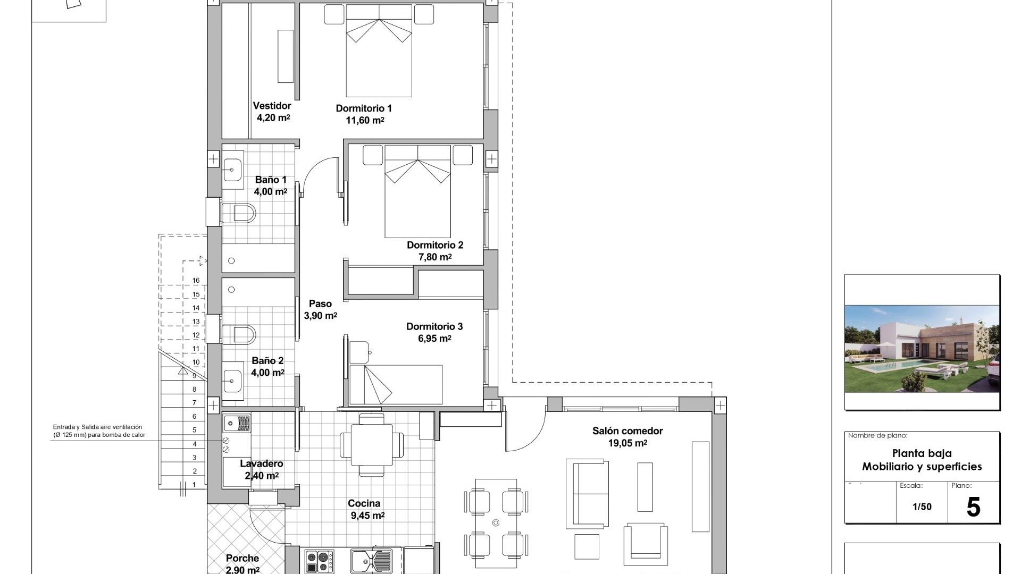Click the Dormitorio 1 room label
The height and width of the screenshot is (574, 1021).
point(364,108)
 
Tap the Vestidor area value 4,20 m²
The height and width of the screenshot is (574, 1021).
point(273,118)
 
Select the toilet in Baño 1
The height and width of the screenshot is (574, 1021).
point(239,214)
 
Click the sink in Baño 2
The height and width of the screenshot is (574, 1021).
point(232,381)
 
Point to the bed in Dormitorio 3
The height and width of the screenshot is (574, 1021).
point(396,384)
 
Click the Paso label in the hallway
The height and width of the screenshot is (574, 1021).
point(320,304)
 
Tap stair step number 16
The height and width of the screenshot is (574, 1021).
point(196,281)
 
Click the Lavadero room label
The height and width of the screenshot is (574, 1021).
point(261,464)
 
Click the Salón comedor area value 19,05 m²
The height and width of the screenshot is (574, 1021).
point(627,443)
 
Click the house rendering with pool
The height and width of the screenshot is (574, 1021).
point(922,349)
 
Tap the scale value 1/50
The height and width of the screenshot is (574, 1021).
point(922,507)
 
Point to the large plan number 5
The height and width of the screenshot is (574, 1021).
point(973,507)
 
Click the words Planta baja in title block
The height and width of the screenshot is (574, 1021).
point(922,453)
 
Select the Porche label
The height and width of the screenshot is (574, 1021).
point(242,558)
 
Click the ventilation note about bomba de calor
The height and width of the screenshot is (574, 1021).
point(98,431)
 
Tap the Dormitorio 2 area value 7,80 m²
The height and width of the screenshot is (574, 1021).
point(434,257)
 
